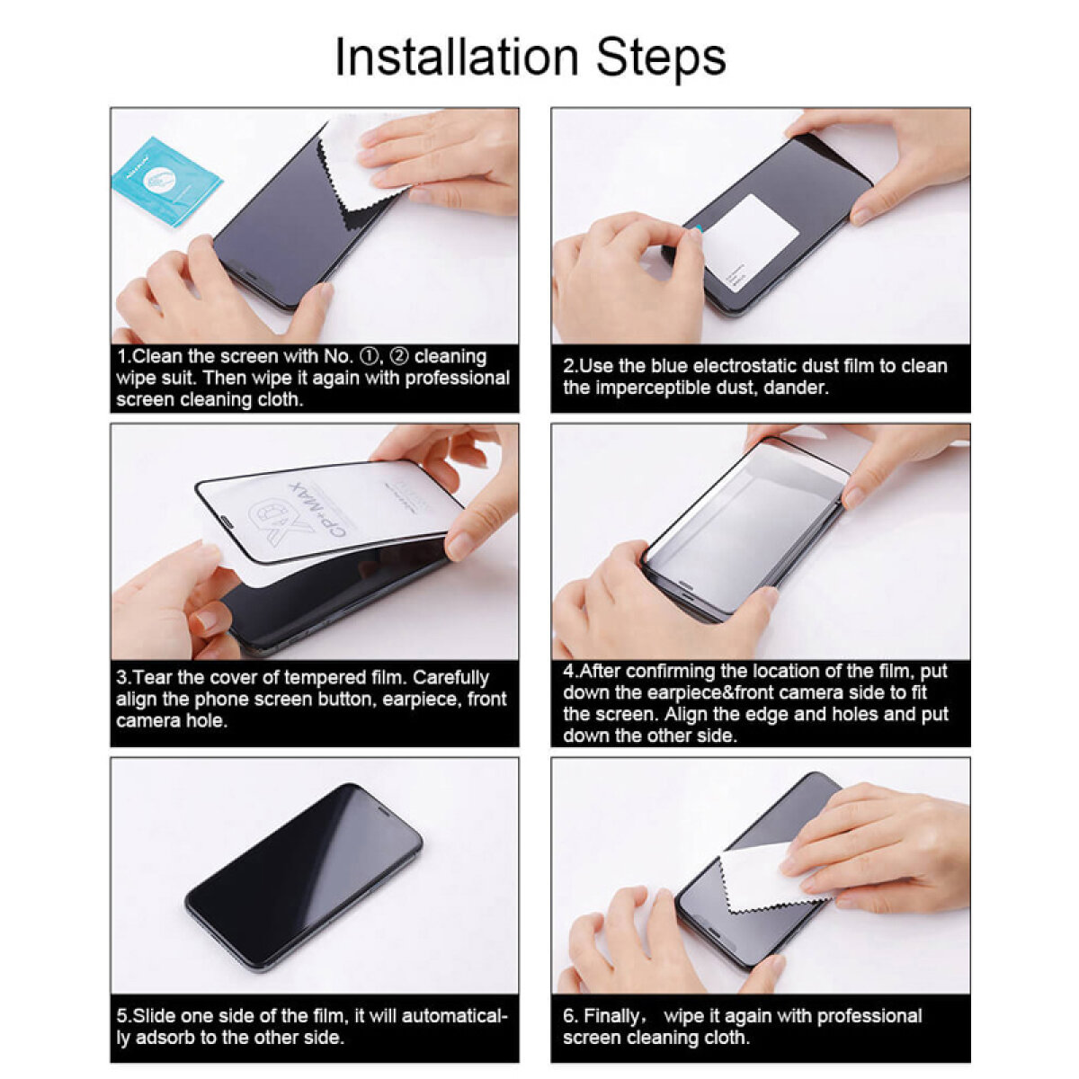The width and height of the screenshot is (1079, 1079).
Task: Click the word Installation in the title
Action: coord(457,58)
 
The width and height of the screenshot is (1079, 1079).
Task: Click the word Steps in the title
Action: coord(661,59)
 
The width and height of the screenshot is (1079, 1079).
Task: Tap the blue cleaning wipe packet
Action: coord(166,181)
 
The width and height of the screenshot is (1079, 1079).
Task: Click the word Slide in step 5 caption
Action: coord(155,1016)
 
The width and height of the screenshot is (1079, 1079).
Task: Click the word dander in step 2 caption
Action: coord(798,388)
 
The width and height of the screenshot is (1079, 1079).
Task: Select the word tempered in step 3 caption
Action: coord(324,678)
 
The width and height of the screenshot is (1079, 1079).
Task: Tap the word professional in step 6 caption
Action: coord(853,1016)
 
